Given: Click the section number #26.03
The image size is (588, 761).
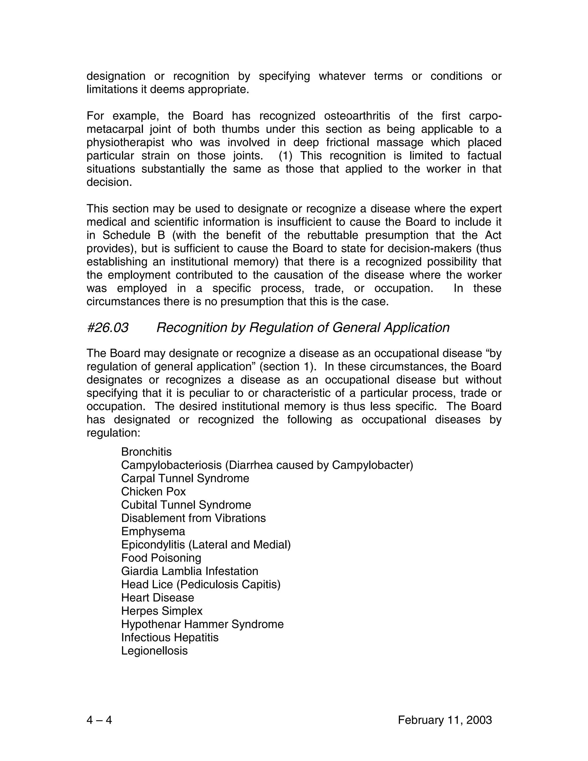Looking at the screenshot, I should click(x=107, y=328).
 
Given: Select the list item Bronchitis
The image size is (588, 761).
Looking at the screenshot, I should click(x=146, y=452).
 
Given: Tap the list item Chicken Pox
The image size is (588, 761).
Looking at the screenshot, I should click(x=153, y=492).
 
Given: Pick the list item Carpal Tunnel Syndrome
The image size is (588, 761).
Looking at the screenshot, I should click(x=185, y=478).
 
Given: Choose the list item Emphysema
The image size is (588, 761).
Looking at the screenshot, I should click(x=153, y=531).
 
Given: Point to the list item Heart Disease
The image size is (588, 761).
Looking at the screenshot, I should click(x=157, y=598).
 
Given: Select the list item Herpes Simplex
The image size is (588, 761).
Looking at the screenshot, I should click(x=162, y=611).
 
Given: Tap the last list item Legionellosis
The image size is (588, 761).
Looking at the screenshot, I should click(x=154, y=650).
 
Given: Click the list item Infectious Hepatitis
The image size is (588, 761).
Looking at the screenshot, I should click(x=170, y=637).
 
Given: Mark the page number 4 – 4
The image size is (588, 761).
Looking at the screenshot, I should click(x=99, y=720).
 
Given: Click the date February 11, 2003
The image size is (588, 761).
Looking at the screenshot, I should click(x=445, y=720).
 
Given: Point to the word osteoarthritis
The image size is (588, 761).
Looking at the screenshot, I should click(x=357, y=116).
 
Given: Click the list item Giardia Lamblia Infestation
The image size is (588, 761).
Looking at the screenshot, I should click(x=189, y=571).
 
